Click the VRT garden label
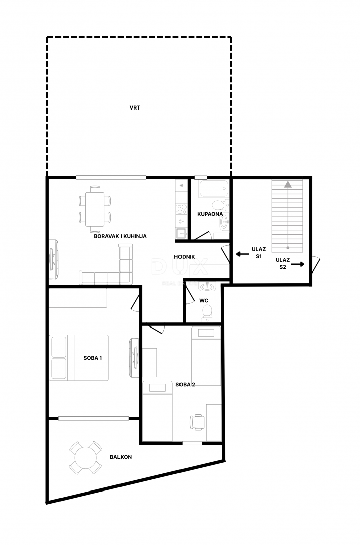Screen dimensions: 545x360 coord(135,107)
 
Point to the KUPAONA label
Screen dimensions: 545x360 coord(210,214)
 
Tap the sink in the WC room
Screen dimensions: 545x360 coord(206,287)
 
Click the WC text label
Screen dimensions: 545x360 coord(204,300)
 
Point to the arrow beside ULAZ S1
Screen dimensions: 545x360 coord(242,255)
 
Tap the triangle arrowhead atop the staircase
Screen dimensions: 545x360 coord(287,185)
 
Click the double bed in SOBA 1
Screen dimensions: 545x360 coord(80,357)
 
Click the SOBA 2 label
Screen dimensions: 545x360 coord(186,384)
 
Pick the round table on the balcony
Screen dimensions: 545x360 coord(84,457)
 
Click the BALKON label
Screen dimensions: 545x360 coord(121,457)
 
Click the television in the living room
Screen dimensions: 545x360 coord(53,259)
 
